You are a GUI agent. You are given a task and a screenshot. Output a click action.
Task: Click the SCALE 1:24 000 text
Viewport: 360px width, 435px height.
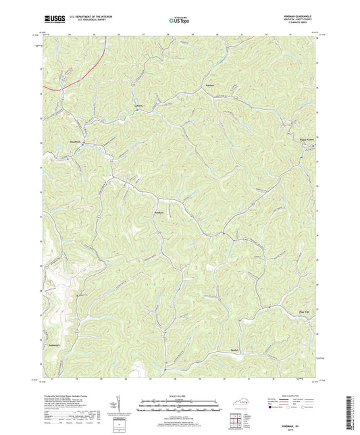pyautogui.click(x=179, y=396)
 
